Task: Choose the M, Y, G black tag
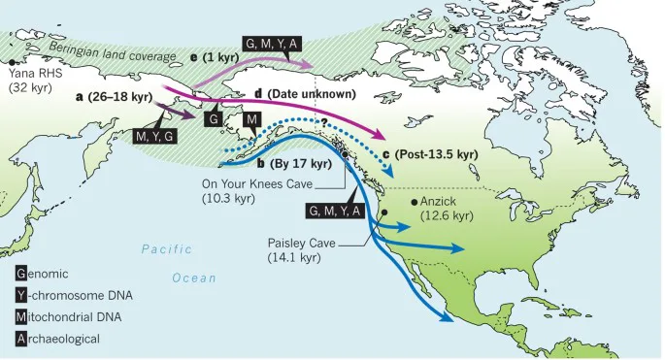coord(155,137)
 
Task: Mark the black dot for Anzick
coord(416,201)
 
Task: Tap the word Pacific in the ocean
coord(168,249)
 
